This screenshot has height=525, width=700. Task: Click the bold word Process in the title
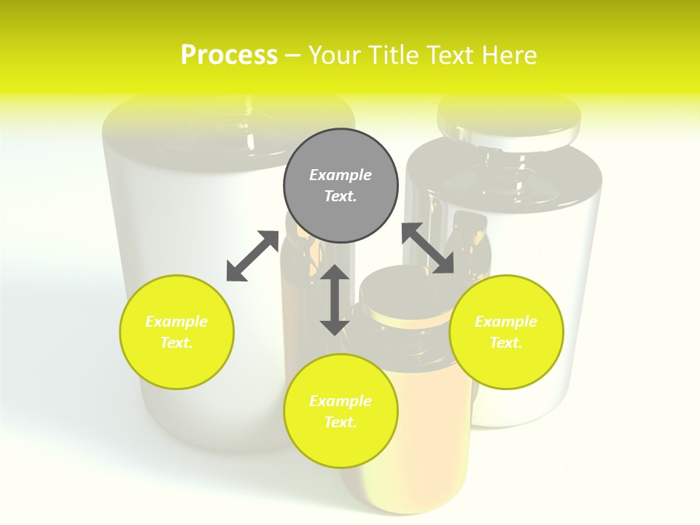(229, 55)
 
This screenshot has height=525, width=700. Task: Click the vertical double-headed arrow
(335, 300)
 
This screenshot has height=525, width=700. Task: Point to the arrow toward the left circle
(252, 256)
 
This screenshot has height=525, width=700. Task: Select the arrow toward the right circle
(428, 248)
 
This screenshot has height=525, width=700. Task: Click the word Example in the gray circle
(341, 175)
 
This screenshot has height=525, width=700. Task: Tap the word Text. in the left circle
(176, 343)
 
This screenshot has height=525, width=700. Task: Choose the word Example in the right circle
(506, 322)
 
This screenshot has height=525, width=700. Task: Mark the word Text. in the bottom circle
(341, 422)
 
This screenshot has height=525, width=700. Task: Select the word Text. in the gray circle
(341, 196)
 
